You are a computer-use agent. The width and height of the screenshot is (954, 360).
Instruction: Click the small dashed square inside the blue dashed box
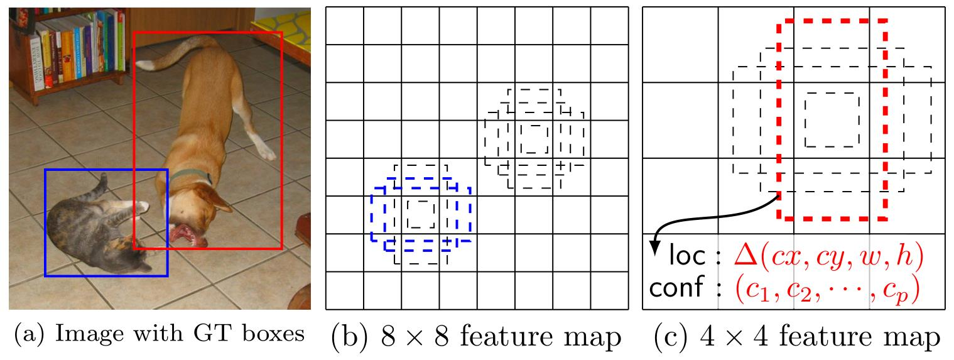click(x=421, y=214)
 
